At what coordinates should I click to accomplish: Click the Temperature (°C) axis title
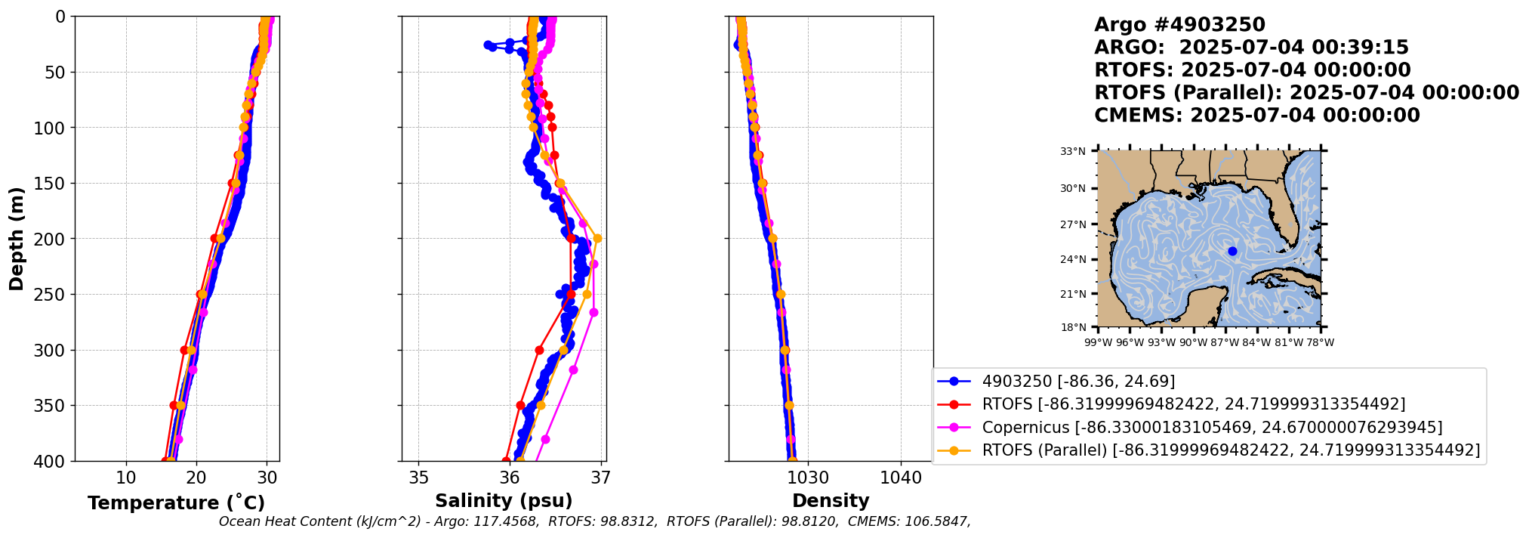pyautogui.click(x=176, y=503)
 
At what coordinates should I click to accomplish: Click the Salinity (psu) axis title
pyautogui.click(x=504, y=501)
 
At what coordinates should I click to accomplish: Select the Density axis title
pyautogui.click(x=831, y=501)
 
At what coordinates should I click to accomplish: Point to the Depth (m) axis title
pyautogui.click(x=17, y=239)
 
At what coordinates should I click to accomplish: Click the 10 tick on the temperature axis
pyautogui.click(x=126, y=478)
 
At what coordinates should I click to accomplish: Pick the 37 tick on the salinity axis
pyautogui.click(x=601, y=478)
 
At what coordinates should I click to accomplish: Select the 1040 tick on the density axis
pyautogui.click(x=901, y=478)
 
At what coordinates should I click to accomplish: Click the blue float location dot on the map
pyautogui.click(x=1232, y=252)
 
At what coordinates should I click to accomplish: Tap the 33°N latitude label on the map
pyautogui.click(x=1072, y=152)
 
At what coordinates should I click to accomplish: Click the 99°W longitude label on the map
pyautogui.click(x=1098, y=342)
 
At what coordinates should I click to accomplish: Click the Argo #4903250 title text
pyautogui.click(x=1169, y=25)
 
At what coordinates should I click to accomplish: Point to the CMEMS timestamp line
pyautogui.click(x=1257, y=116)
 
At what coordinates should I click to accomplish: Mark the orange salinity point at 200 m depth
pyautogui.click(x=597, y=239)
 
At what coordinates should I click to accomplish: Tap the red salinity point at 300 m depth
pyautogui.click(x=539, y=350)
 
